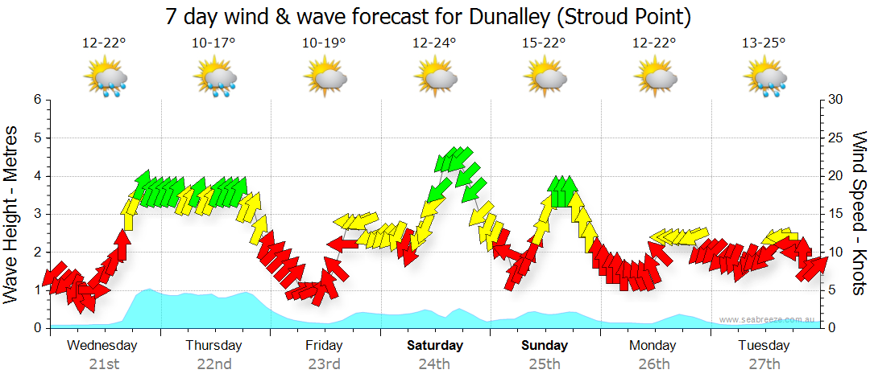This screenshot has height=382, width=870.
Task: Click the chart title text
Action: pos(428,16)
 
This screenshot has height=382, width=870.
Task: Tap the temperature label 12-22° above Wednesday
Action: pos(104,43)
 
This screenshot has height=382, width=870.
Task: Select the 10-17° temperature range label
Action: pos(213,43)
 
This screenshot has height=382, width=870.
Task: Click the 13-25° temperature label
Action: pos(764,43)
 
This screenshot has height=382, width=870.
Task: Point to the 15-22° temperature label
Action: pos(545,43)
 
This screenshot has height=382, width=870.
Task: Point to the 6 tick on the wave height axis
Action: pos(36,100)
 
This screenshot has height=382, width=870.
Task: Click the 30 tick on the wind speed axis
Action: pos(835,100)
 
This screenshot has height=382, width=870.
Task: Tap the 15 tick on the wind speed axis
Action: pos(835,214)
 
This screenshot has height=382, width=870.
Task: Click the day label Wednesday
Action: pos(102,346)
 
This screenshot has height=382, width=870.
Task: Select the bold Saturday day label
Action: pos(434,346)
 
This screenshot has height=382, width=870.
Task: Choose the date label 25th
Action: pos(545,364)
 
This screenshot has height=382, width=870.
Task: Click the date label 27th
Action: pos(764,364)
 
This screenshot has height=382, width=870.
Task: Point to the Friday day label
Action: pos(324,346)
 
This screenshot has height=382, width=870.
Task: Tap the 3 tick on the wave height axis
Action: pos(36,214)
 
